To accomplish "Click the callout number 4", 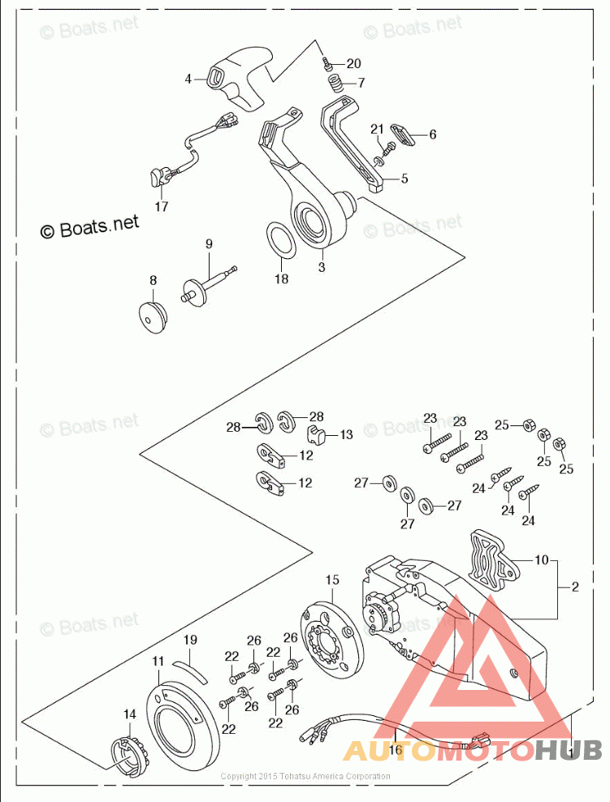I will pyautogui.click(x=188, y=79).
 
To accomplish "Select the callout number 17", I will pyautogui.click(x=161, y=206).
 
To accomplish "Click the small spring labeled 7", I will pyautogui.click(x=334, y=84).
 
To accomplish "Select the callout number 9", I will pyautogui.click(x=208, y=243).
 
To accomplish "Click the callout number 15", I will pyautogui.click(x=332, y=580).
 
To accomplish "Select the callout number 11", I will pyautogui.click(x=158, y=661).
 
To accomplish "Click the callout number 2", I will pyautogui.click(x=574, y=587).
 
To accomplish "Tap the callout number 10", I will pyautogui.click(x=541, y=559).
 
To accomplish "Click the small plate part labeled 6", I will pyautogui.click(x=402, y=132).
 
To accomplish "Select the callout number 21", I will pyautogui.click(x=377, y=129).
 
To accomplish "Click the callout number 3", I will pyautogui.click(x=322, y=266).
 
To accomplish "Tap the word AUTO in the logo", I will pyautogui.click(x=390, y=748).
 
